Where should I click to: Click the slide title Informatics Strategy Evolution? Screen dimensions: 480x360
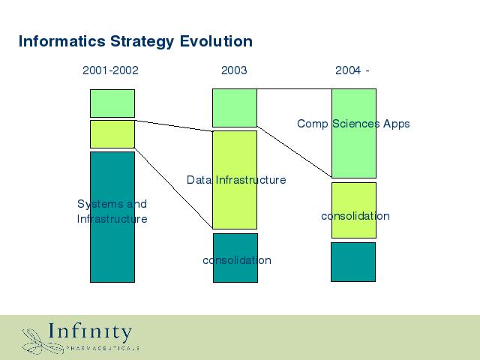(x=136, y=41)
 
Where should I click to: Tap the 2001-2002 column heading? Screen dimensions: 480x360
(x=110, y=70)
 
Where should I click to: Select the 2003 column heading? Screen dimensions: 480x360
(x=234, y=70)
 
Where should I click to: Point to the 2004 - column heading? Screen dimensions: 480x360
(x=352, y=70)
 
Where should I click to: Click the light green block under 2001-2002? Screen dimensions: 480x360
(x=112, y=103)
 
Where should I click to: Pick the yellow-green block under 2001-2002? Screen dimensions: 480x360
(x=112, y=134)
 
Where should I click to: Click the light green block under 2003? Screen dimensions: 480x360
(x=235, y=108)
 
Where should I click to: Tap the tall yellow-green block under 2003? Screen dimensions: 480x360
(x=235, y=180)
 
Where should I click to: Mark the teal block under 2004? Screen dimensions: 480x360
(x=353, y=262)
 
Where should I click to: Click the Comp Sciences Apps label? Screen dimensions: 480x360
(x=353, y=124)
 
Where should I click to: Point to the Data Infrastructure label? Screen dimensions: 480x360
(x=236, y=180)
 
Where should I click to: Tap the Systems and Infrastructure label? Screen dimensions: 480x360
(x=112, y=211)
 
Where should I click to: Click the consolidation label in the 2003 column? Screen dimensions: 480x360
(x=237, y=260)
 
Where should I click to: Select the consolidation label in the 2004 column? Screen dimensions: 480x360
(x=355, y=216)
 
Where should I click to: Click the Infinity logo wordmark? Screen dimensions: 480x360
(x=90, y=332)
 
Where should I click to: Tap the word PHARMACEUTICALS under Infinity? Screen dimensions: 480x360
(x=103, y=348)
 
